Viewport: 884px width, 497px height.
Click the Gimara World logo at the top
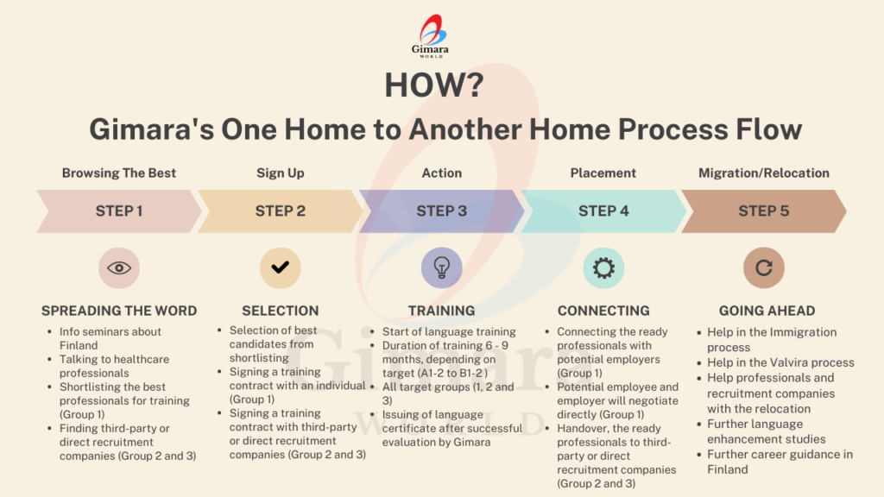pyautogui.click(x=431, y=35)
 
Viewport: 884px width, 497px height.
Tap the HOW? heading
pyautogui.click(x=434, y=85)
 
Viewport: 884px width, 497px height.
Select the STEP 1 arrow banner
pyautogui.click(x=119, y=211)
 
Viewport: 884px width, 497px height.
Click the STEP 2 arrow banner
pyautogui.click(x=281, y=211)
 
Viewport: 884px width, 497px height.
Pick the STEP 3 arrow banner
pyautogui.click(x=441, y=211)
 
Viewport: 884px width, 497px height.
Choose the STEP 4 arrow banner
pyautogui.click(x=603, y=211)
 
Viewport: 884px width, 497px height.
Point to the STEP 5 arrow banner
pyautogui.click(x=764, y=211)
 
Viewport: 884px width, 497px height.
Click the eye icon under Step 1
pyautogui.click(x=119, y=267)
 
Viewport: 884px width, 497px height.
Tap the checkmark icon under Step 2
pyautogui.click(x=281, y=267)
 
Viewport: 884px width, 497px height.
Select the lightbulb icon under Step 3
pyautogui.click(x=441, y=267)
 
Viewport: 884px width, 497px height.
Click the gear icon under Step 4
pyautogui.click(x=603, y=267)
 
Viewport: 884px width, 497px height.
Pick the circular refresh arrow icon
pyautogui.click(x=764, y=267)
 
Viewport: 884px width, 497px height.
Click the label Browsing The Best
pyautogui.click(x=119, y=173)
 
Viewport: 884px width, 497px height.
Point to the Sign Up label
pyautogui.click(x=281, y=173)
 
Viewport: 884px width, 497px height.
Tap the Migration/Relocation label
pyautogui.click(x=764, y=173)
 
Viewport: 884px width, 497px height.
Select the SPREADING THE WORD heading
pyautogui.click(x=119, y=311)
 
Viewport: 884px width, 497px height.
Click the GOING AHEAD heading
pyautogui.click(x=767, y=311)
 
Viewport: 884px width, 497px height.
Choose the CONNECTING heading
pyautogui.click(x=603, y=311)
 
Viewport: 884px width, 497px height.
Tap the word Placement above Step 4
pyautogui.click(x=603, y=173)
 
